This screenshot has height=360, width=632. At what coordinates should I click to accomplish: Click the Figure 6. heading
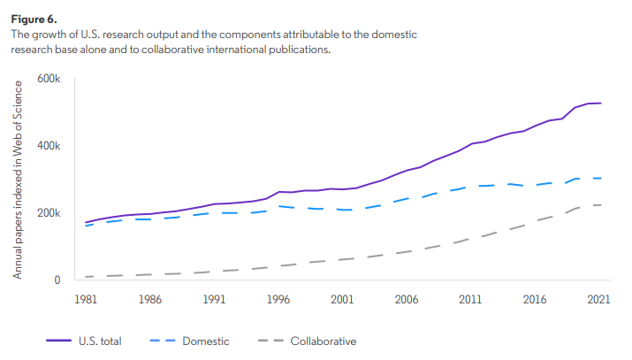[33, 16]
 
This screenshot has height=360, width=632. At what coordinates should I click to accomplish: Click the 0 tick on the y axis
[56, 280]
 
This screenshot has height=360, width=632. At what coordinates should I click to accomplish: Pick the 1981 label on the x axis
[86, 301]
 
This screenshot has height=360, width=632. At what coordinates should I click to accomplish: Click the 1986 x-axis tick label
[150, 301]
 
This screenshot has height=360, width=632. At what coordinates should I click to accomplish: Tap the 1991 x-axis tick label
[214, 301]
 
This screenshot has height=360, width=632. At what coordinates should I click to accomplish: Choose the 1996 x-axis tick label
[278, 301]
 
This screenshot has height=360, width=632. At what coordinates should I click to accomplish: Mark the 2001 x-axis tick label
[343, 301]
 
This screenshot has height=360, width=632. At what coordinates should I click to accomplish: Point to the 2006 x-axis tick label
[407, 301]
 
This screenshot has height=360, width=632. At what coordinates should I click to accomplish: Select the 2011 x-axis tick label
[472, 301]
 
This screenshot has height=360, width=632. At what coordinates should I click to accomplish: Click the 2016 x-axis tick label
[536, 301]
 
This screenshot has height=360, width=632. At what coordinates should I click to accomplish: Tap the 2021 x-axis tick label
[600, 301]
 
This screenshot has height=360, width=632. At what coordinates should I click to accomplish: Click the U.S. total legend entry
[98, 341]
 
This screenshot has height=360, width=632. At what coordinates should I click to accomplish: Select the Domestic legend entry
[205, 341]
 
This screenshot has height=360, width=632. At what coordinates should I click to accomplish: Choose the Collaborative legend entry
[323, 341]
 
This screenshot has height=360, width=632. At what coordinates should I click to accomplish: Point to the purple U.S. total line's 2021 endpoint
[600, 103]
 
